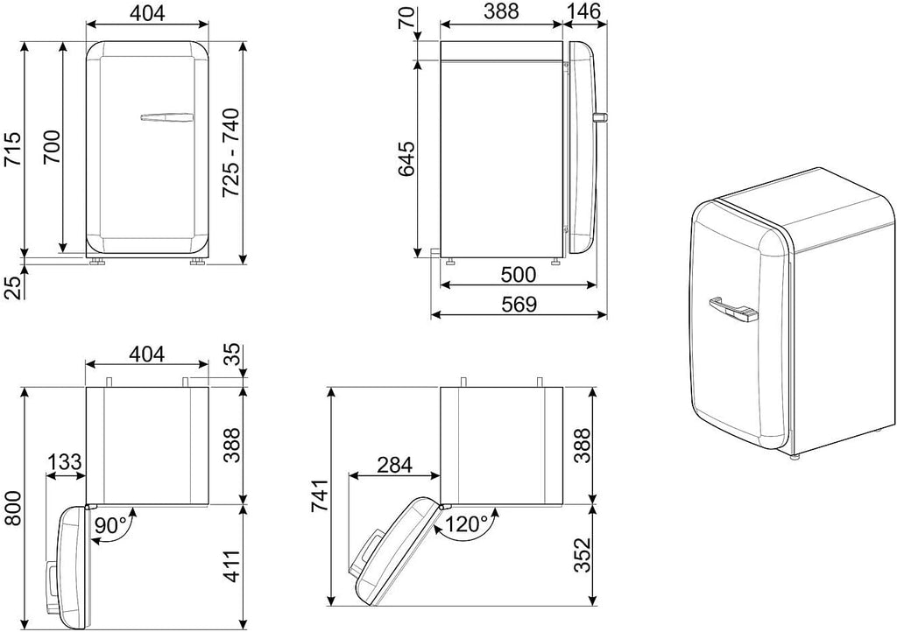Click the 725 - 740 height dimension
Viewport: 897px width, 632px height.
[x=230, y=153]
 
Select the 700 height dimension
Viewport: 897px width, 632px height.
[x=52, y=147]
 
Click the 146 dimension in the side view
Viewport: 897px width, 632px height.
[x=584, y=11]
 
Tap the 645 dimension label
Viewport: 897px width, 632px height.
[x=406, y=158]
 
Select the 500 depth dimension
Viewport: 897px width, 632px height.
[x=519, y=274]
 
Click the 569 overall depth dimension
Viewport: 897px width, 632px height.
[x=519, y=304]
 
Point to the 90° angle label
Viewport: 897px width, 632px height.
[x=110, y=524]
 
